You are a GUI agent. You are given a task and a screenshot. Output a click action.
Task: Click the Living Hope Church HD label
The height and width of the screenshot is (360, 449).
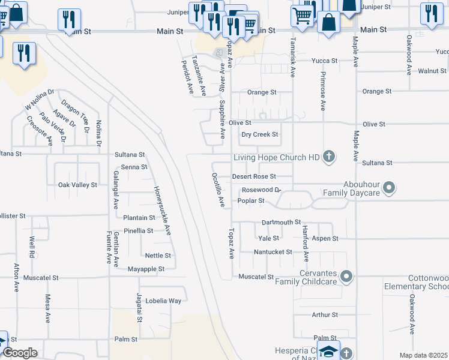click(x=276, y=158)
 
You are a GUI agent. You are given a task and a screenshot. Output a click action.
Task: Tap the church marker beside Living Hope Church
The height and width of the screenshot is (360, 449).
click(x=328, y=157)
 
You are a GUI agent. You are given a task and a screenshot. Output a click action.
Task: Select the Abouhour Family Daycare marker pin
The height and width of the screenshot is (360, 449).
click(x=389, y=188)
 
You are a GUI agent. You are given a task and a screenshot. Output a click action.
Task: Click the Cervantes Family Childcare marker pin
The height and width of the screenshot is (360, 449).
click(x=346, y=277)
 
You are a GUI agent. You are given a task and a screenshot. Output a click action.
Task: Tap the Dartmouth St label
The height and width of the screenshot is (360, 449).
click(x=281, y=222)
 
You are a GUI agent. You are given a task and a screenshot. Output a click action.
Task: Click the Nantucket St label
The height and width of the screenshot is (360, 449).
click(x=273, y=252)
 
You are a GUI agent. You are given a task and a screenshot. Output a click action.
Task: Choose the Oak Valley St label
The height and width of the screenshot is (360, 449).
click(x=77, y=185)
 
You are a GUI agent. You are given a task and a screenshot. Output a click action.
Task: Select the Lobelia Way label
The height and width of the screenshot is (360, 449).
click(x=163, y=301)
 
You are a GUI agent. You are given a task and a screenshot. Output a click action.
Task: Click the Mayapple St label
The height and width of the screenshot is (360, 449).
click(x=146, y=269)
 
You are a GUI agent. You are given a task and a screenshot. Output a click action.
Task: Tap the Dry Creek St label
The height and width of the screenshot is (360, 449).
click(x=260, y=134)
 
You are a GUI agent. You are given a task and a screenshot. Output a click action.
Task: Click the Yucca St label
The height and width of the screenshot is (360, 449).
click(x=324, y=61)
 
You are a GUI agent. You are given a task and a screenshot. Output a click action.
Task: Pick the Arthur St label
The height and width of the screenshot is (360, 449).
click(x=325, y=314)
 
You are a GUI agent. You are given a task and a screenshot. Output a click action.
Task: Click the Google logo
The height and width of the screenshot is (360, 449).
click(x=20, y=353)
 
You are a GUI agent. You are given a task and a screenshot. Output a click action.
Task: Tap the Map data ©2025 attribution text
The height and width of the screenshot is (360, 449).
click(x=423, y=355)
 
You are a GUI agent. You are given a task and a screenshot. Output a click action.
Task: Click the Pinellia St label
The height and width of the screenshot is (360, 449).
click(x=138, y=231)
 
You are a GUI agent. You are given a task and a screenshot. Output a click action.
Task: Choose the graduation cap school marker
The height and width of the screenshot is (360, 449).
click(x=328, y=351)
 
